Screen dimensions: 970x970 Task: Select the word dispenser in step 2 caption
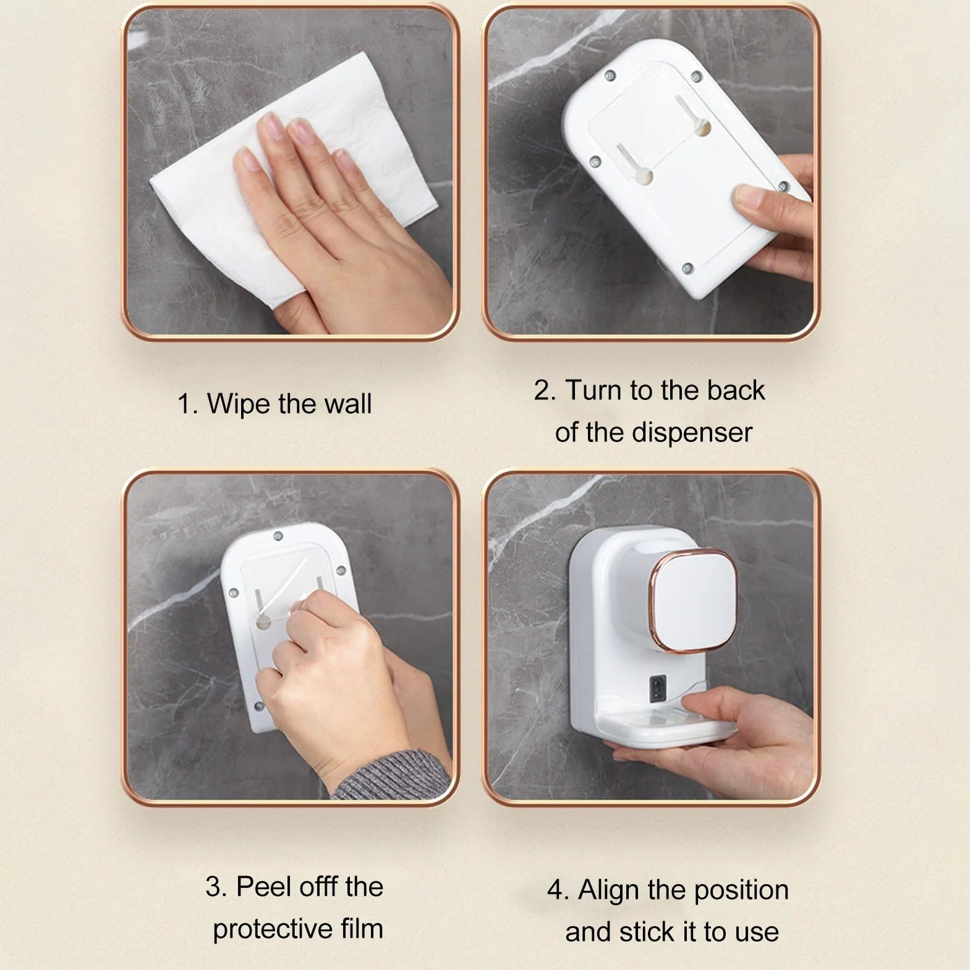point(692,433)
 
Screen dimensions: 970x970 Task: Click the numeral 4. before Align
point(558,891)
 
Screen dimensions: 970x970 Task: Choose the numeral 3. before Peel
point(217,887)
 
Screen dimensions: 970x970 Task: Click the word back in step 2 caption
point(736,390)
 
